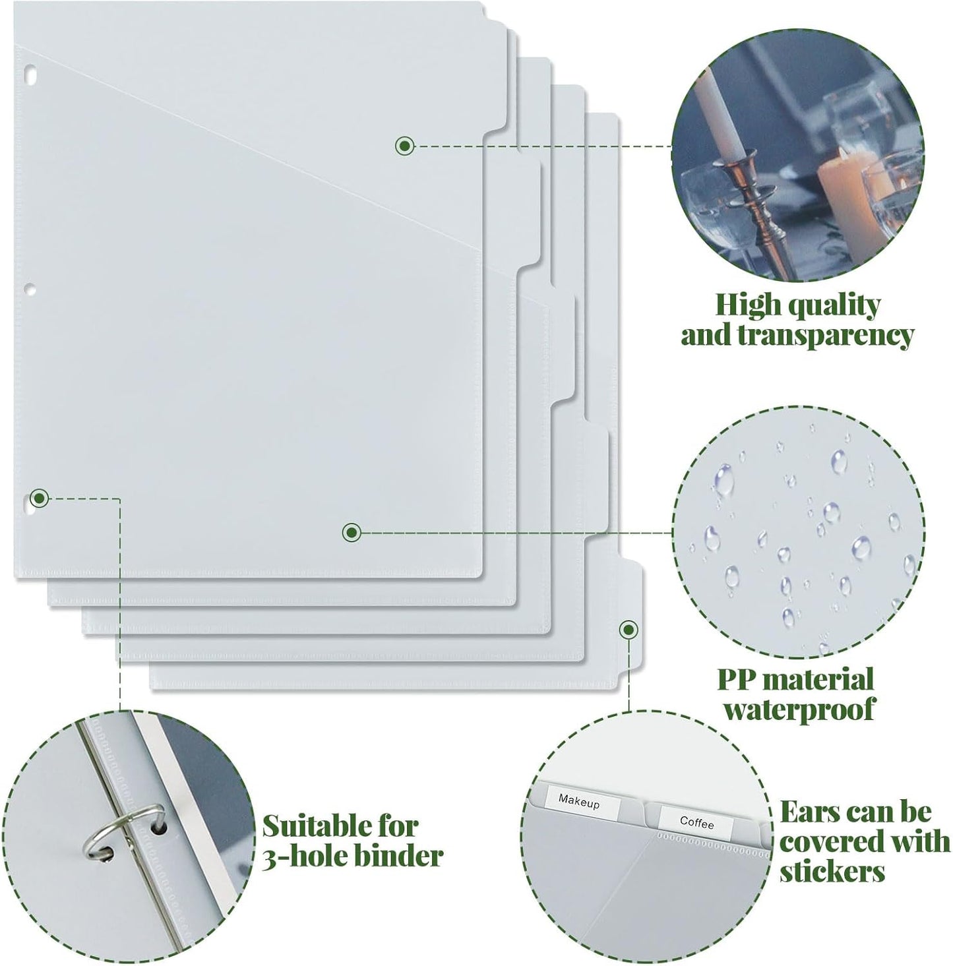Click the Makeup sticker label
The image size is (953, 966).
[x=580, y=802]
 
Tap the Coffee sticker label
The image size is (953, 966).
[x=697, y=822]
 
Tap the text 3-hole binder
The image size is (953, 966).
[x=352, y=856]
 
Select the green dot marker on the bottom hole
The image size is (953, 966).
[x=40, y=498]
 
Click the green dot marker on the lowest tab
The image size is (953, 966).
[x=629, y=629]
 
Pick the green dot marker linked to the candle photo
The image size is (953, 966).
[x=404, y=146]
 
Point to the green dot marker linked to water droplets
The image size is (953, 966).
[x=351, y=531]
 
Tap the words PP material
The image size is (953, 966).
[x=795, y=679]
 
